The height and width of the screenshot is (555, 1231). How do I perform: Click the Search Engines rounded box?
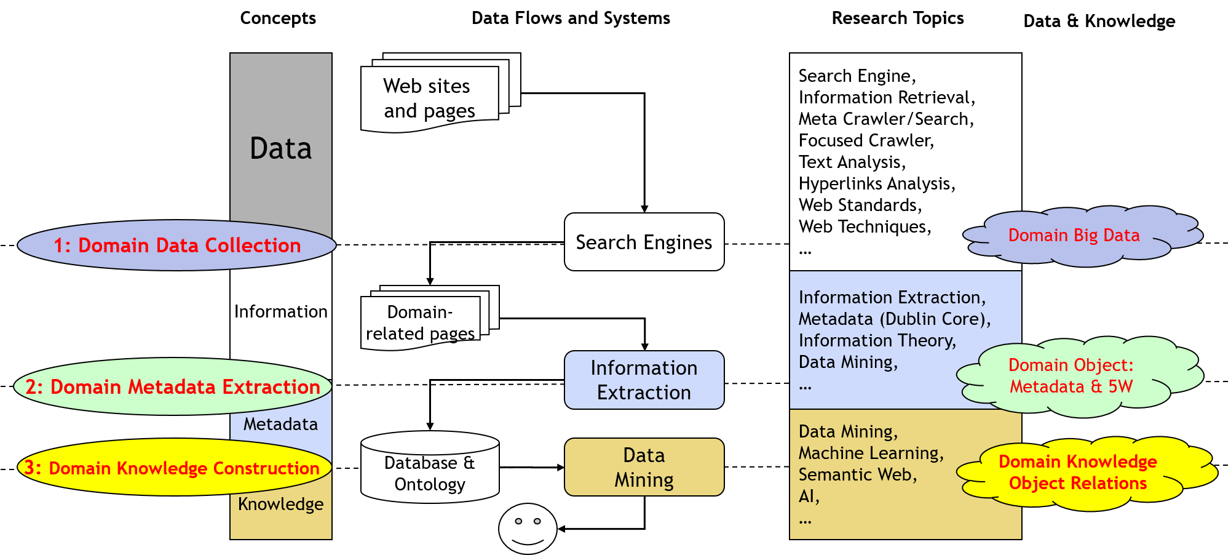point(644,242)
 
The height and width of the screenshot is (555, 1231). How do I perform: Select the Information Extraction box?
point(644,380)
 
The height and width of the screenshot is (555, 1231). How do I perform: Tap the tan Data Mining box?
point(644,467)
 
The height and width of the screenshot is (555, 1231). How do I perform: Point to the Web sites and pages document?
point(429,97)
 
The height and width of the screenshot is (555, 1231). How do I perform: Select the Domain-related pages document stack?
point(421,322)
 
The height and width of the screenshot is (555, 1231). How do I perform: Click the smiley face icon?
point(528,529)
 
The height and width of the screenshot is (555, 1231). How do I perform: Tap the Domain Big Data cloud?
point(1074,236)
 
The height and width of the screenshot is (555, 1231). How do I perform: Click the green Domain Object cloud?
point(1071,375)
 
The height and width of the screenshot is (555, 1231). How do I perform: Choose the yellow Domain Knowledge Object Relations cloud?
point(1077,473)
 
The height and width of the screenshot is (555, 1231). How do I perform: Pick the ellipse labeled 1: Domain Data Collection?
point(176,246)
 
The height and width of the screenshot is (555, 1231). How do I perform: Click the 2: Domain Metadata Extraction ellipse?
point(173,386)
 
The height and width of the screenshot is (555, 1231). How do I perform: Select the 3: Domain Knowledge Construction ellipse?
point(172,468)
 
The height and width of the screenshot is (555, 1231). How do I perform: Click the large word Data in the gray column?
point(280,148)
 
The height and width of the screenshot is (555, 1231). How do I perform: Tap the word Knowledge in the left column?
point(280,504)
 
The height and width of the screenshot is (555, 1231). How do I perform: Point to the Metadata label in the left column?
point(280,424)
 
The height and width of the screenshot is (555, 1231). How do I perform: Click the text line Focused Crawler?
point(865,140)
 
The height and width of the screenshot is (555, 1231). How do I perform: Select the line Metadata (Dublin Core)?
point(893,319)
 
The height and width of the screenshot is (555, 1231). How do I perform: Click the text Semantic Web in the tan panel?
point(857,474)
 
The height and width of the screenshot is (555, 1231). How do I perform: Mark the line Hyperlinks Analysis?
point(876,183)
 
